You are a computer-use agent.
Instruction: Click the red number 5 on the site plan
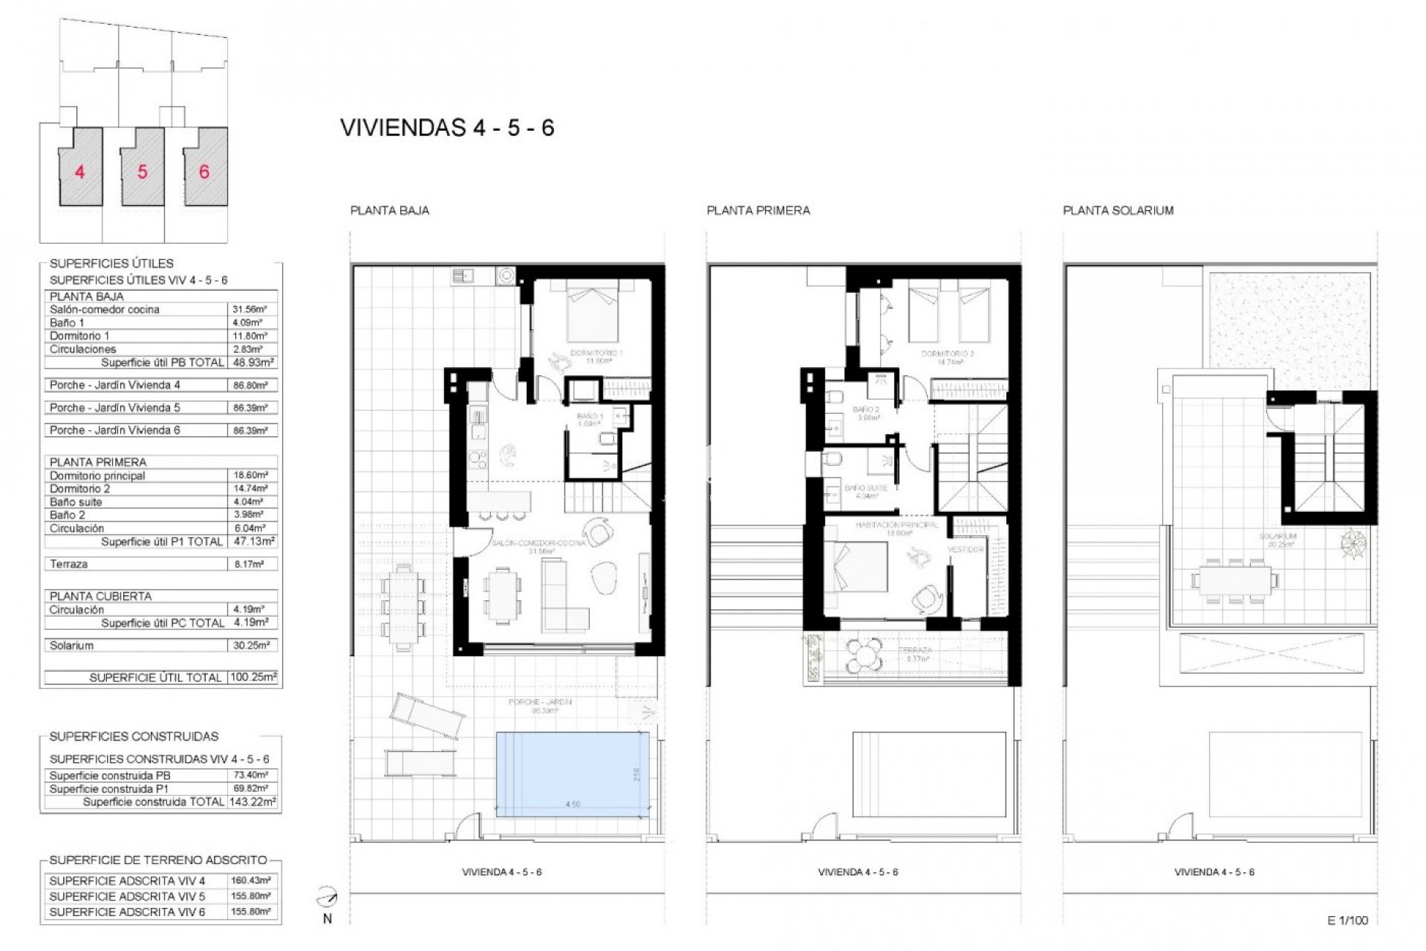pos(142,172)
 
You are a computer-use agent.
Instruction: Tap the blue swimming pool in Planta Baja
pos(572,774)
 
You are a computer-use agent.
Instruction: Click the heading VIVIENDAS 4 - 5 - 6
pos(447,128)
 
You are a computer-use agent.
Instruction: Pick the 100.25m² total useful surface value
pos(253,678)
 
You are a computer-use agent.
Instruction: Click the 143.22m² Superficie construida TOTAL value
pos(253,802)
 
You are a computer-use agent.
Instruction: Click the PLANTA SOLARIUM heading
pos(1118,210)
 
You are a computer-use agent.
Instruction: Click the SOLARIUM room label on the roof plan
pos(1277,536)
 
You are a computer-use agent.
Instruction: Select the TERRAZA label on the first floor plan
pos(914,649)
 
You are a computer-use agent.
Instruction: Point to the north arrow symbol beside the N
pos(326,898)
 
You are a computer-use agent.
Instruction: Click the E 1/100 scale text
pos(1347,921)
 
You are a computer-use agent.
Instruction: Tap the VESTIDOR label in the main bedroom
pos(966,549)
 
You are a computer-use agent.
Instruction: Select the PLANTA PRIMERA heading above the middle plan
pos(758,210)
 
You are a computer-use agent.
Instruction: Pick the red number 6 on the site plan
pos(204,172)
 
